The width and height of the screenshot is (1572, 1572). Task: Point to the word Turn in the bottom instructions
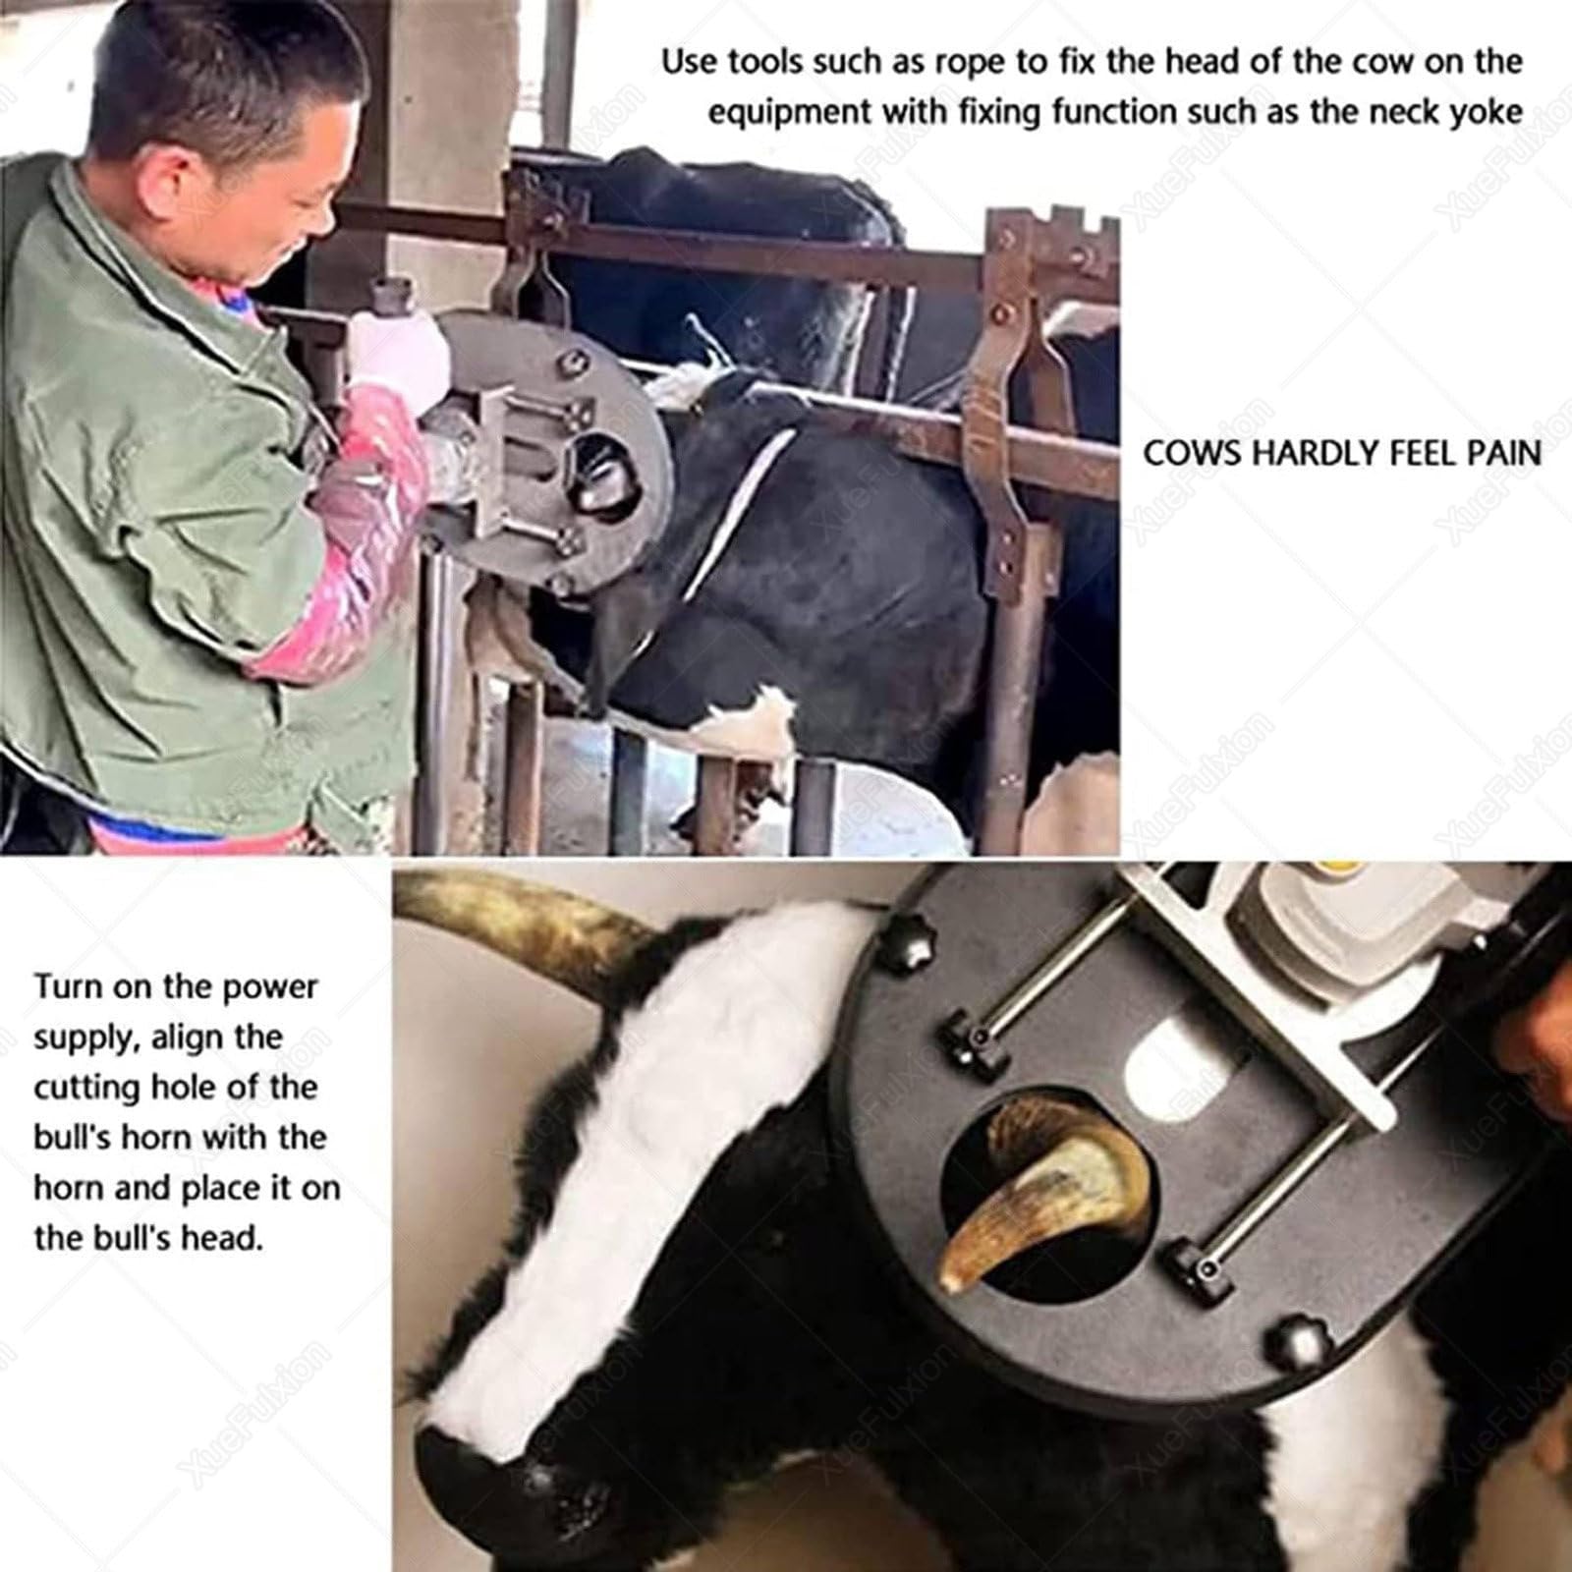[x=67, y=986]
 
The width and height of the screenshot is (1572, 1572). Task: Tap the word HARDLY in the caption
[x=1318, y=454]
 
